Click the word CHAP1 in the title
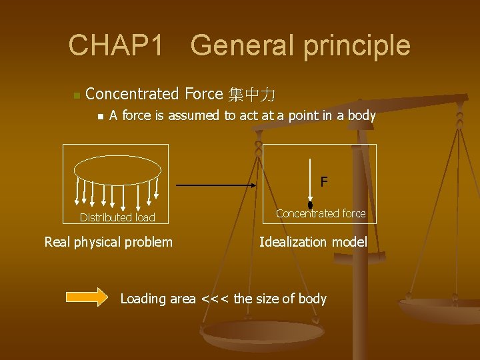115,45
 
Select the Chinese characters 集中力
252,94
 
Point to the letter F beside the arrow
323,181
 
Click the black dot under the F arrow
310,205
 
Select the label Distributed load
117,217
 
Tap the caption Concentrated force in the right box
321,213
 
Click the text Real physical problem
108,241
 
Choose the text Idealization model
313,241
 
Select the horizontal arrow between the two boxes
217,185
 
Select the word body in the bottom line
312,299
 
